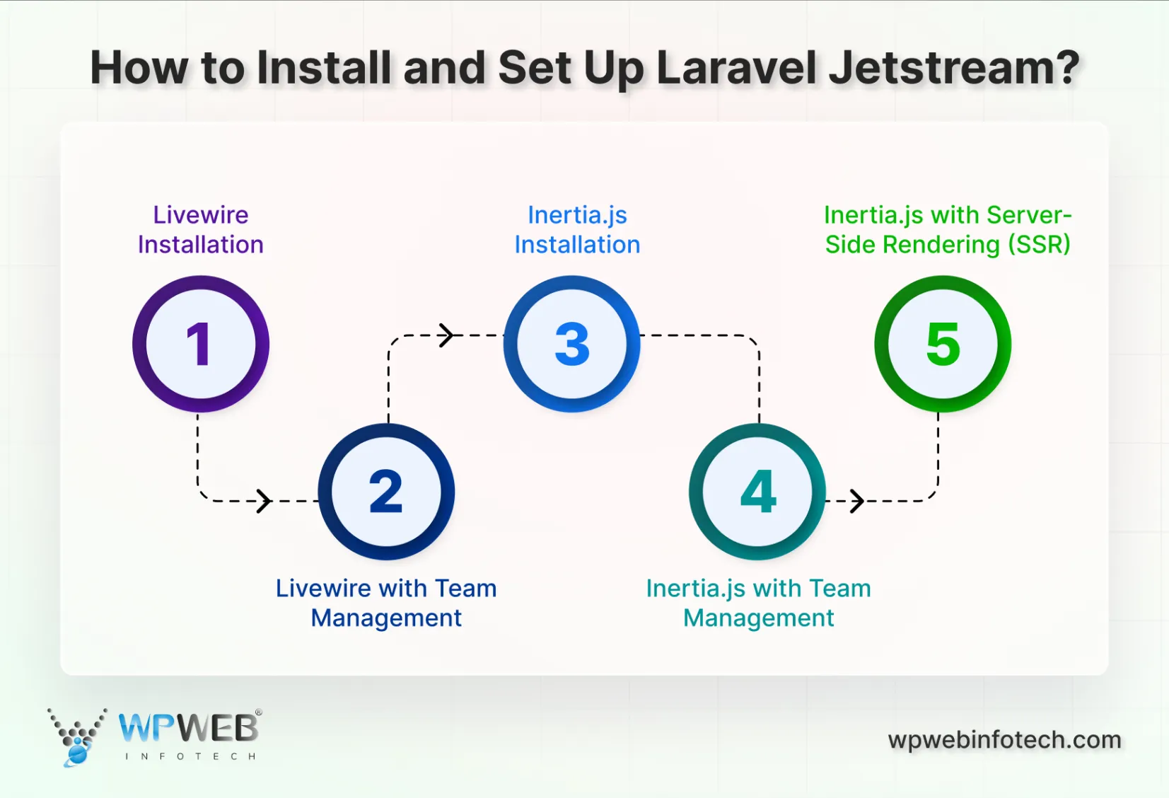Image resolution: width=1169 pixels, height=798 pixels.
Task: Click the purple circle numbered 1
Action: pyautogui.click(x=201, y=344)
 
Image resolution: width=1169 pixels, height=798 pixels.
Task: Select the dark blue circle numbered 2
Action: pyautogui.click(x=386, y=492)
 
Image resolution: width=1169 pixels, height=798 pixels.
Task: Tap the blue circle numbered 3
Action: pyautogui.click(x=571, y=344)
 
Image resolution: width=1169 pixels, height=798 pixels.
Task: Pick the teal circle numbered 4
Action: pyautogui.click(x=757, y=492)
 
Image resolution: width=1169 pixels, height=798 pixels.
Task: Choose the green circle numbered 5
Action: pyautogui.click(x=943, y=344)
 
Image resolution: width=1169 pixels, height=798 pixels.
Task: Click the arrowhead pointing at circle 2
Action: pyautogui.click(x=264, y=501)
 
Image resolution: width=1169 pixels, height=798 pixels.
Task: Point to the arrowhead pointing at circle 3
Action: pyautogui.click(x=446, y=335)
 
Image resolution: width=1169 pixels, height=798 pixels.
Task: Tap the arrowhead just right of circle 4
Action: pyautogui.click(x=857, y=501)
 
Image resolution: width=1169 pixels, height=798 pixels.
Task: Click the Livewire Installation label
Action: pyautogui.click(x=201, y=230)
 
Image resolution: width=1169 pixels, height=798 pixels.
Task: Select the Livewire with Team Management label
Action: pyautogui.click(x=386, y=603)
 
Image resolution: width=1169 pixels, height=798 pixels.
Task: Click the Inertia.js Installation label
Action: pyautogui.click(x=577, y=230)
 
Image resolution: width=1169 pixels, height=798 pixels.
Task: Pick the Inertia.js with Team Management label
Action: pyautogui.click(x=758, y=603)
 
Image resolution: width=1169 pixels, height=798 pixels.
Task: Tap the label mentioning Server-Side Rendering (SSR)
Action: pyautogui.click(x=948, y=230)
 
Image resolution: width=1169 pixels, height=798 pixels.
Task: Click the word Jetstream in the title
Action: pyautogui.click(x=953, y=69)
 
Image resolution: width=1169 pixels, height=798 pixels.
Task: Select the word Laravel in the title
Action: pyautogui.click(x=735, y=69)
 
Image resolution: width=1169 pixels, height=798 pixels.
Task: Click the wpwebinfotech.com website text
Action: pyautogui.click(x=1004, y=740)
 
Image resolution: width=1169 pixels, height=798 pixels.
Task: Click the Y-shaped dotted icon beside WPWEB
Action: pyautogui.click(x=77, y=736)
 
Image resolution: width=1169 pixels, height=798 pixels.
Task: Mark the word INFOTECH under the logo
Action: pyautogui.click(x=190, y=756)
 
